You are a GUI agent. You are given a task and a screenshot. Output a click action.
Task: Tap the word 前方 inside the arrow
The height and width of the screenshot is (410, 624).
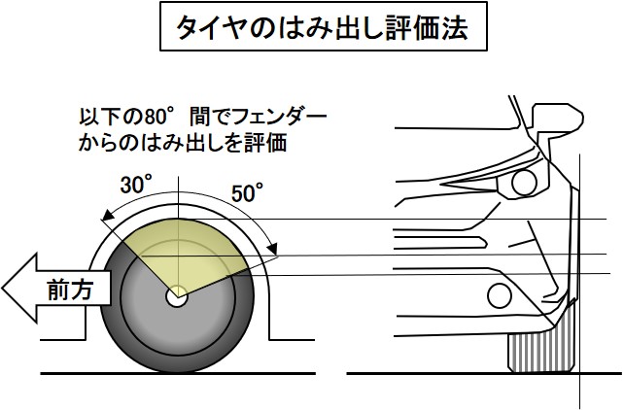click(x=69, y=290)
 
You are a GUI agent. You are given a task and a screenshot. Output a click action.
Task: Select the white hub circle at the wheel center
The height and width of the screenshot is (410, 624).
click(x=176, y=298)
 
